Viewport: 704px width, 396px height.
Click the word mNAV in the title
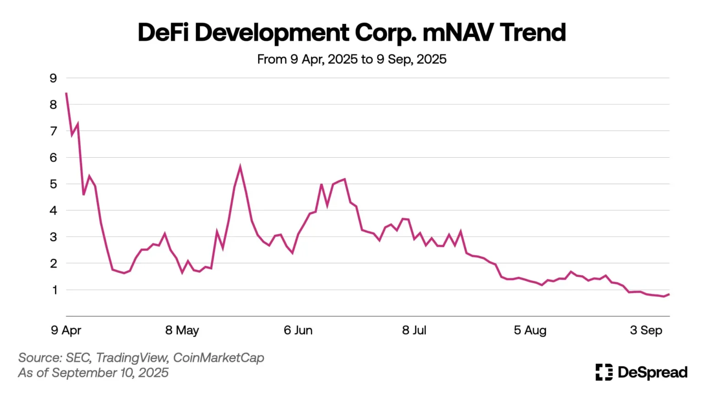(x=458, y=33)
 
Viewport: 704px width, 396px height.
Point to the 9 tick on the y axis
(x=54, y=78)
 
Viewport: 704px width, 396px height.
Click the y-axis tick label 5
(x=54, y=184)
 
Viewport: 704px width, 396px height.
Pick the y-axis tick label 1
(x=55, y=290)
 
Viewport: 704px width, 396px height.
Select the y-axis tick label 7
(x=54, y=132)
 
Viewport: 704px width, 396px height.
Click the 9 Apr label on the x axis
(x=66, y=330)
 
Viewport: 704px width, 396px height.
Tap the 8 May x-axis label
(x=182, y=330)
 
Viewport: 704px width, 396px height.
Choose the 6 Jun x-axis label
(x=298, y=330)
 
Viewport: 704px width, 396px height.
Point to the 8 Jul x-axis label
(x=414, y=330)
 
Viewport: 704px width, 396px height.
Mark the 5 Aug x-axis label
(x=530, y=330)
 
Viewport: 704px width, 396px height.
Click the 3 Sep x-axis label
(x=646, y=330)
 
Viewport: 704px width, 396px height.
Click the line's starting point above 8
(x=66, y=93)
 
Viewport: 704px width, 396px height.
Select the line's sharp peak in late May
(x=240, y=167)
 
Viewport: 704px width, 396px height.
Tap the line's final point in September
(x=669, y=294)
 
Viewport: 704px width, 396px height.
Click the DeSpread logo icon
(x=604, y=372)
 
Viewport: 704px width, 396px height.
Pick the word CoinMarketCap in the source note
(x=219, y=358)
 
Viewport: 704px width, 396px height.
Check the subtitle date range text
(x=352, y=60)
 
